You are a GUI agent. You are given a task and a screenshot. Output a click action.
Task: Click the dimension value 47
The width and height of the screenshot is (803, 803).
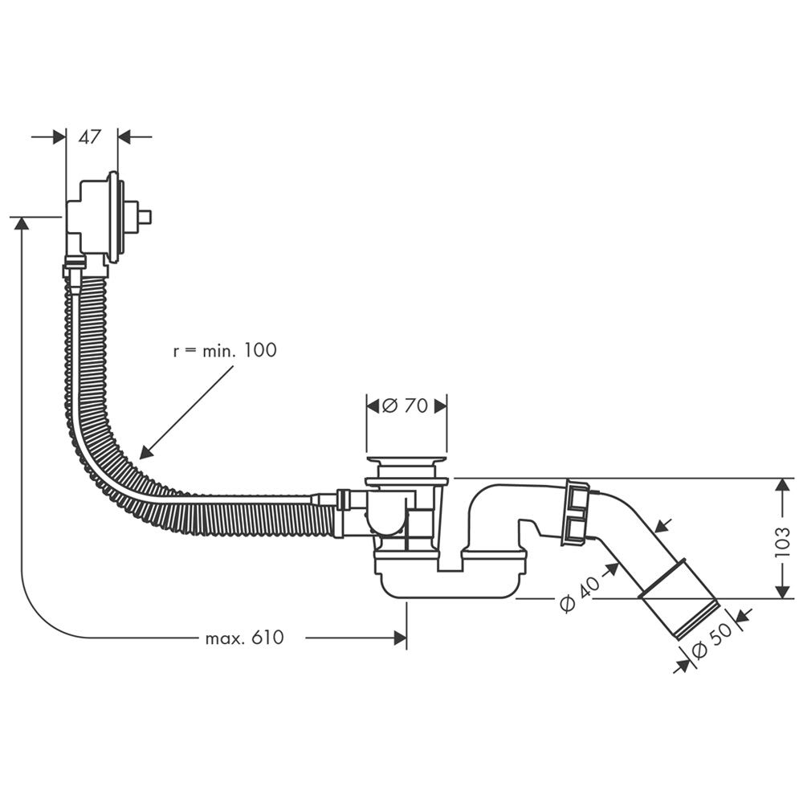(90, 137)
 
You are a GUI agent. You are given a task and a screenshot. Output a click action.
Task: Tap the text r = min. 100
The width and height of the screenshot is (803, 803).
(225, 350)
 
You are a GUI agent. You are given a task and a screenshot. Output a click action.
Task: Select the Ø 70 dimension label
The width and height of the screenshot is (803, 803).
(406, 406)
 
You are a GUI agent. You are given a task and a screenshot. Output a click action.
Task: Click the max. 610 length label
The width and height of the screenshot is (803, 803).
(244, 638)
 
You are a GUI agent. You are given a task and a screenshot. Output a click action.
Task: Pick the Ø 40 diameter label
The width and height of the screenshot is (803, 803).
(579, 595)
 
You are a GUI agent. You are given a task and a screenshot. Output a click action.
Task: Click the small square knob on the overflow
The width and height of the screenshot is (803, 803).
(145, 217)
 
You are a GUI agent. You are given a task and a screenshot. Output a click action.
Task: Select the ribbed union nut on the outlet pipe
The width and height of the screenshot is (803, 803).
(577, 512)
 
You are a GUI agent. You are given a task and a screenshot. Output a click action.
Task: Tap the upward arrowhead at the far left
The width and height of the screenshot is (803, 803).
(22, 224)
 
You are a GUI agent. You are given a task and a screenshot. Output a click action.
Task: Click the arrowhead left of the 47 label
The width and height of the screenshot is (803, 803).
(59, 137)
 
